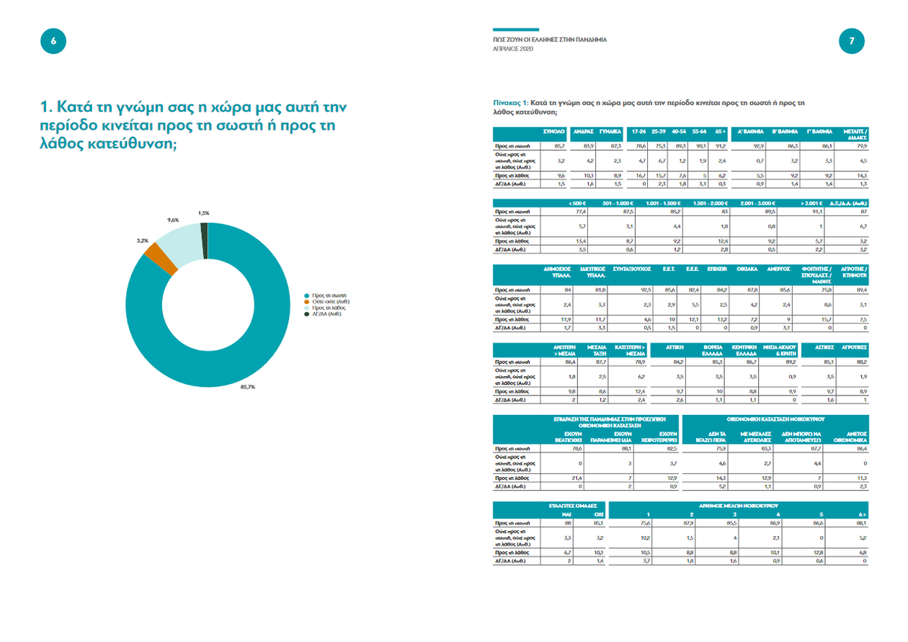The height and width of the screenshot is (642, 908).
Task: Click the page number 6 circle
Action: [x=53, y=42]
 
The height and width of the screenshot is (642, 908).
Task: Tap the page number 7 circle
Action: [x=852, y=42]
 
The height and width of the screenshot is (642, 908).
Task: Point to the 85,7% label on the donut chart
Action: [x=246, y=387]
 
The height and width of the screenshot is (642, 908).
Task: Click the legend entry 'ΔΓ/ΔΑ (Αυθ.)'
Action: [x=326, y=314]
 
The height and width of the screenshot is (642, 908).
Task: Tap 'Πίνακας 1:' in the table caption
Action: [x=511, y=103]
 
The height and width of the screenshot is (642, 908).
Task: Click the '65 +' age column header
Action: [x=719, y=132]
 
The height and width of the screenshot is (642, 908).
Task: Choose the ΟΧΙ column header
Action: [x=598, y=514]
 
